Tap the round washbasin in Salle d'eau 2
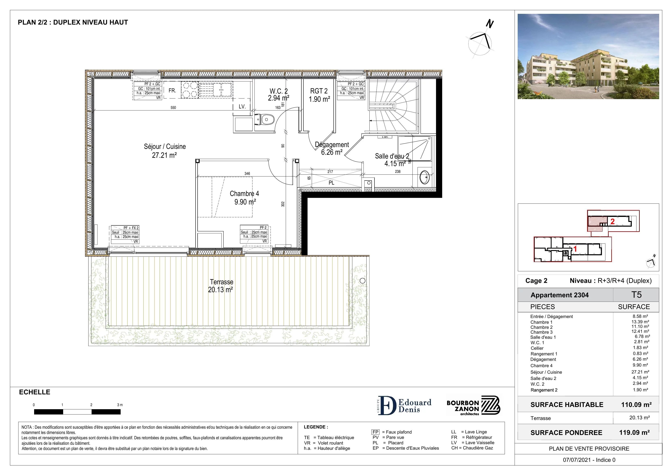[x=425, y=177]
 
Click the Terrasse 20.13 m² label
[x=221, y=286]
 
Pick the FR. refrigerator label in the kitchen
[x=172, y=91]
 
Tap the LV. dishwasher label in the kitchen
[x=242, y=107]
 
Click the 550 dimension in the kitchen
[x=173, y=108]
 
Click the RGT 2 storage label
[x=319, y=91]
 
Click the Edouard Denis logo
[x=404, y=405]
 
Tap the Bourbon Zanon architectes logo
[x=473, y=405]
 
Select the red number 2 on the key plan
[x=612, y=222]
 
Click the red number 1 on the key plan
[x=575, y=249]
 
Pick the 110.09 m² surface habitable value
[x=636, y=405]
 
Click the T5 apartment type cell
[x=636, y=295]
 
